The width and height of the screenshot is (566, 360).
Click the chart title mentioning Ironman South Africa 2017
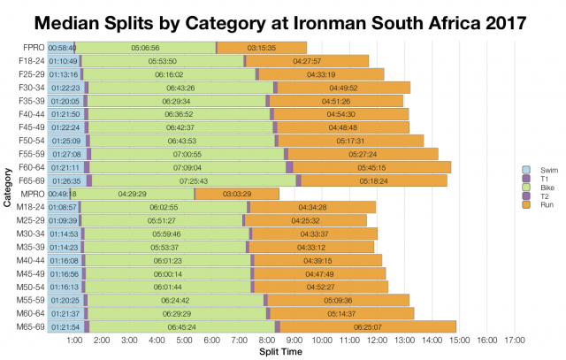[282, 19]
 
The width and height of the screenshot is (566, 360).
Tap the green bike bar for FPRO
[144, 47]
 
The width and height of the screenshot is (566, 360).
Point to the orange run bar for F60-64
[371, 167]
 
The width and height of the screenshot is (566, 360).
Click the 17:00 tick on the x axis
[515, 341]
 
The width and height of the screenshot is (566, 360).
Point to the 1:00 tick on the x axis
[75, 341]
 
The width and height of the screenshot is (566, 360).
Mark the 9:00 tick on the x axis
[294, 341]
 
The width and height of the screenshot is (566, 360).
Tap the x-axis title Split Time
[280, 352]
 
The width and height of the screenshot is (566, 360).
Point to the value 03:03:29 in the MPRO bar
[237, 194]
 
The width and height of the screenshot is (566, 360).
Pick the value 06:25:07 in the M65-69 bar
[371, 326]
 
